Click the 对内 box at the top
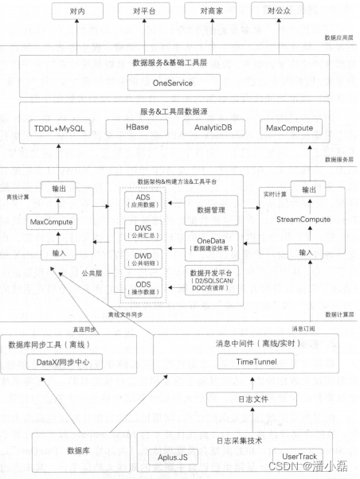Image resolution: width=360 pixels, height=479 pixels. click(x=78, y=11)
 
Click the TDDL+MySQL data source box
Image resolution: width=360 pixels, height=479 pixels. click(x=61, y=127)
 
